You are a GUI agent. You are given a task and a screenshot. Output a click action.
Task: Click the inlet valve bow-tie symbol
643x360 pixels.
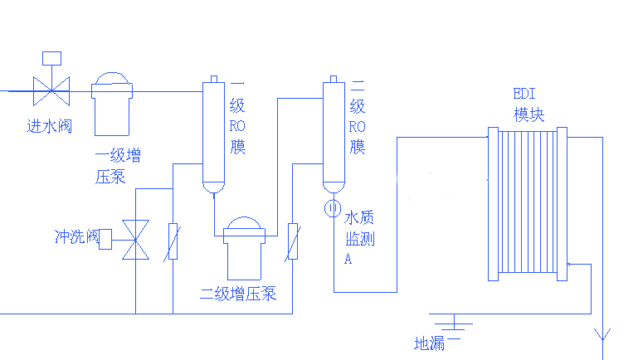51,90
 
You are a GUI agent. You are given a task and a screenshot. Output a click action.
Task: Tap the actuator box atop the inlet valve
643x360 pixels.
51,58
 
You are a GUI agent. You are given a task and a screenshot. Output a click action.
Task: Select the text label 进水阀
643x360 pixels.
48,126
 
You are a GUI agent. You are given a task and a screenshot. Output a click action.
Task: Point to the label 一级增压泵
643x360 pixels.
117,166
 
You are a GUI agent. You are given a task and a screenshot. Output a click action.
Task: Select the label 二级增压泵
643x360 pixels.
238,294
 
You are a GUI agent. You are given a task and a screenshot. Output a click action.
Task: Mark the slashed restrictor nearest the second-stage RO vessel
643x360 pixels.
292,240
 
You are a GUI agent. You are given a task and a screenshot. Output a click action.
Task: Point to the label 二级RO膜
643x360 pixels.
358,116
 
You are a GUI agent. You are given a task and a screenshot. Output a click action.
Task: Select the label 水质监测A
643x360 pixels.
359,237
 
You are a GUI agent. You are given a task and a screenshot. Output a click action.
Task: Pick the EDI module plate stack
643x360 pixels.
527,204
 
